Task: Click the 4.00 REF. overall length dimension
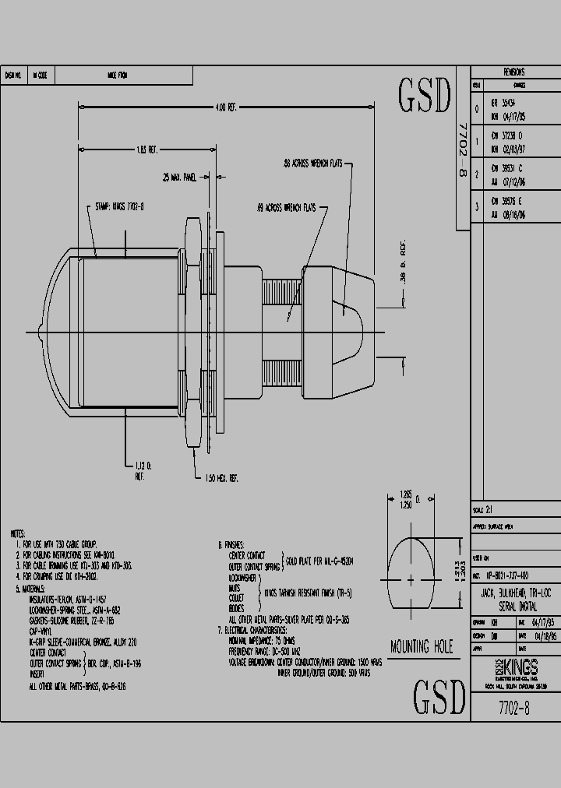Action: coord(226,107)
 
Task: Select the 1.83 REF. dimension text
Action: coord(147,148)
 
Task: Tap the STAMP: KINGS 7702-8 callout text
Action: coord(120,208)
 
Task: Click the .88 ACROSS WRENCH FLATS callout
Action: coord(312,164)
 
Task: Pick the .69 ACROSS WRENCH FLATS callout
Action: coord(285,208)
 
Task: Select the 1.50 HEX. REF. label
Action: coord(221,479)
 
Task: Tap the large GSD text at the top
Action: coord(425,96)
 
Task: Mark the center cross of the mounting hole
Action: coord(410,579)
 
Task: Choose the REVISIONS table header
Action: coord(514,72)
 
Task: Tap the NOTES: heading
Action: coord(17,534)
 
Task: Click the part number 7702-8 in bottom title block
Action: coord(515,708)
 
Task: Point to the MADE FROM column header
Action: coord(118,76)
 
